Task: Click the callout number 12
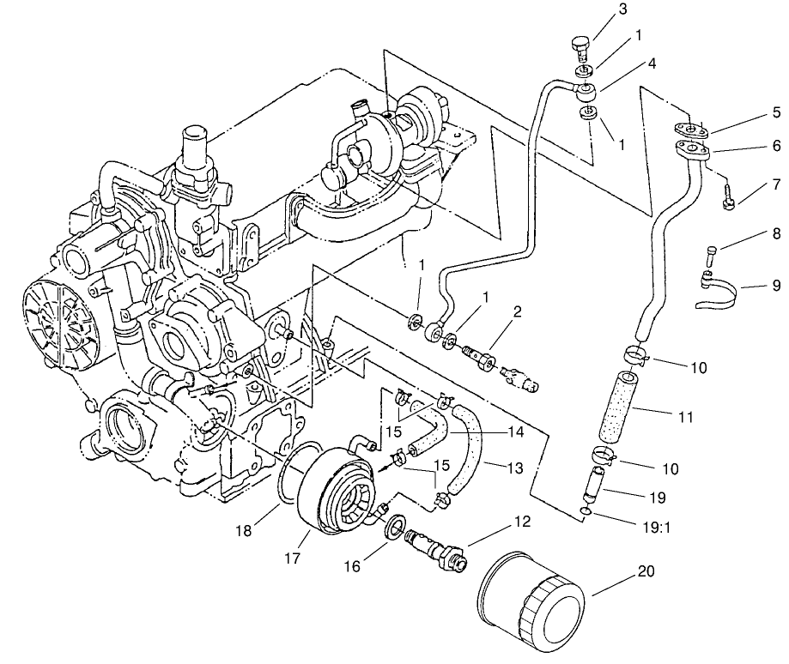click(x=522, y=521)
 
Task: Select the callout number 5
click(x=775, y=112)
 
